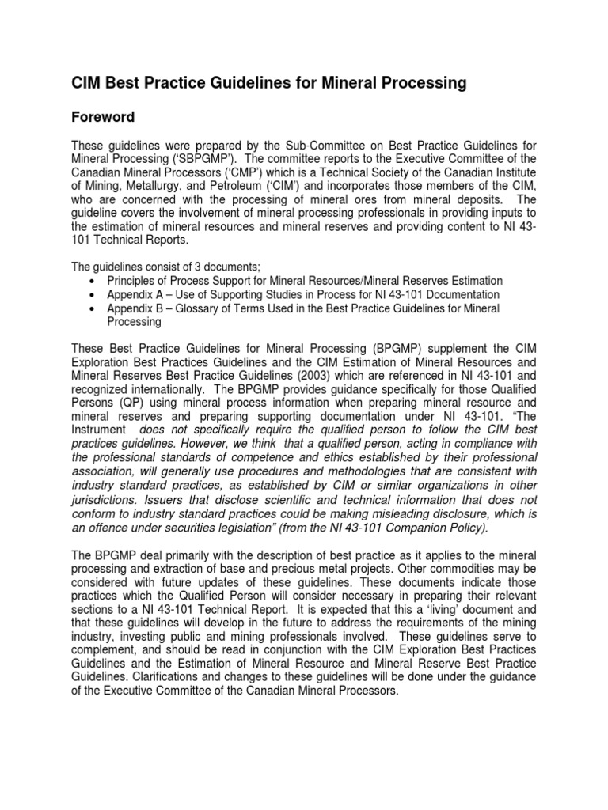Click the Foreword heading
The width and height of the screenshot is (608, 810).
point(103,117)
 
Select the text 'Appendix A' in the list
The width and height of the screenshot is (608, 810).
point(133,294)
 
